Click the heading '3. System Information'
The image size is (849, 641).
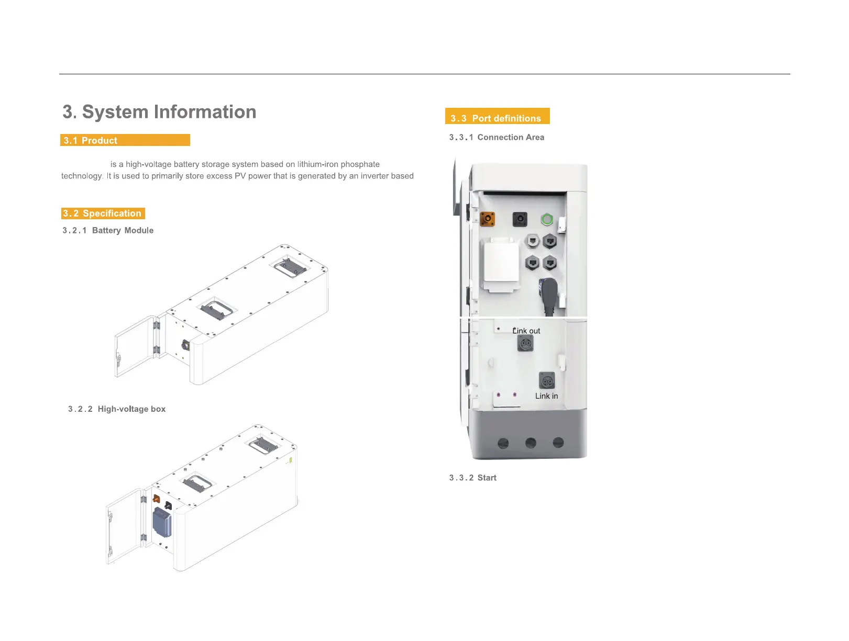[159, 112]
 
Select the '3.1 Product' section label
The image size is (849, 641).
[91, 140]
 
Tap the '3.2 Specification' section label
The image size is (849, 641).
[102, 213]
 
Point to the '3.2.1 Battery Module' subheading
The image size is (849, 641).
[108, 230]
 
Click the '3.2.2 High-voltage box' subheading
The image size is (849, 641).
[117, 409]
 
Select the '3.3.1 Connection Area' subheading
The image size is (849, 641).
[497, 137]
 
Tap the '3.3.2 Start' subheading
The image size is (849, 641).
[472, 478]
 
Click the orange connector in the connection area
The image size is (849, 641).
[488, 218]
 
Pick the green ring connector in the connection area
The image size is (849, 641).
[547, 219]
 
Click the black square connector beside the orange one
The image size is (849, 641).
[520, 219]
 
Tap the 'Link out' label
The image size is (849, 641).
[526, 331]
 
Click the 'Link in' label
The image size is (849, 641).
[546, 396]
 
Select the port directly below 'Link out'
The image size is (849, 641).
[525, 343]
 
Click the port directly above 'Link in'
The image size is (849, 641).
[546, 380]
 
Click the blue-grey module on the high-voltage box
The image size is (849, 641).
[162, 522]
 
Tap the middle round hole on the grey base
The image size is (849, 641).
[531, 443]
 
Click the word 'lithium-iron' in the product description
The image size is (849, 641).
[317, 164]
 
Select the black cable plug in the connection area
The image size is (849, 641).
[548, 294]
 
